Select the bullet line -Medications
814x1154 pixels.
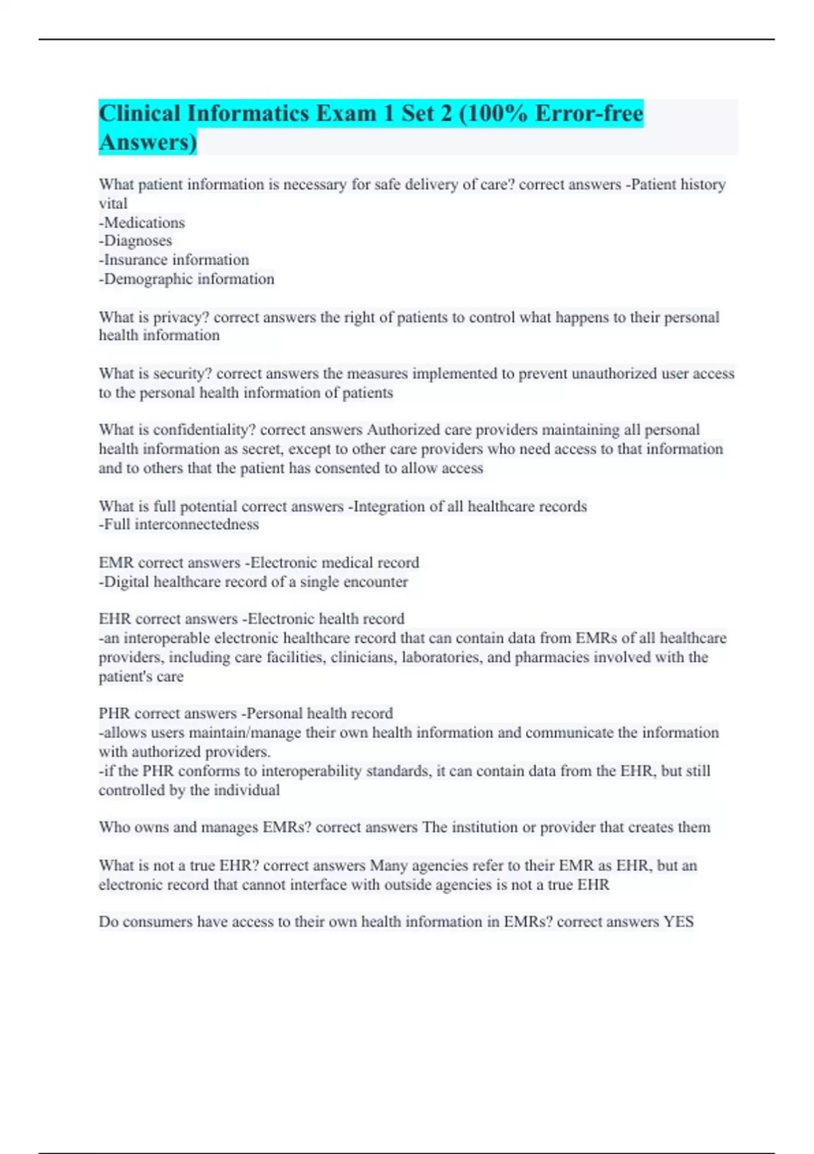(142, 223)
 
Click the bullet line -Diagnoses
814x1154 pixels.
(136, 241)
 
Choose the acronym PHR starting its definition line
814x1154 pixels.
(114, 713)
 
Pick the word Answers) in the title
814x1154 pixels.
(148, 142)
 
